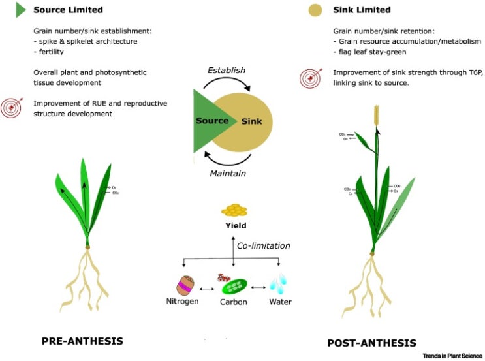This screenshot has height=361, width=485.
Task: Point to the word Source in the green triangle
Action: coord(212,121)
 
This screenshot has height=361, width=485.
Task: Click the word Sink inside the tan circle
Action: coord(247,121)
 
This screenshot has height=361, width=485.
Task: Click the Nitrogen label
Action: coord(182,302)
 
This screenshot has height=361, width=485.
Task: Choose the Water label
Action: coord(280,302)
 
